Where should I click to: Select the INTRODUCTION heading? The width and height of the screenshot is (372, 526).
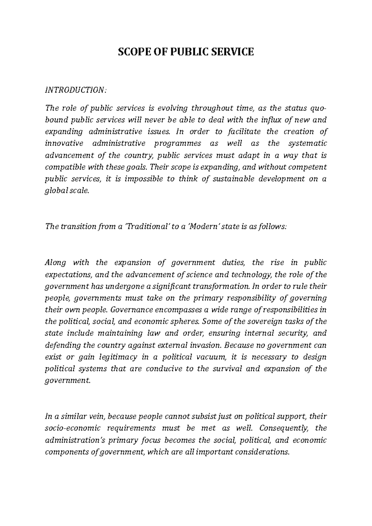click(76, 90)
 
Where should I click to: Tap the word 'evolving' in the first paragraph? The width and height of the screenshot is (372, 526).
click(173, 108)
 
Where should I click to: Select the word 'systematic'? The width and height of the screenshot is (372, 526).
click(307, 143)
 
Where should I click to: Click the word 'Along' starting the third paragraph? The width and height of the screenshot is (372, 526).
click(55, 263)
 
